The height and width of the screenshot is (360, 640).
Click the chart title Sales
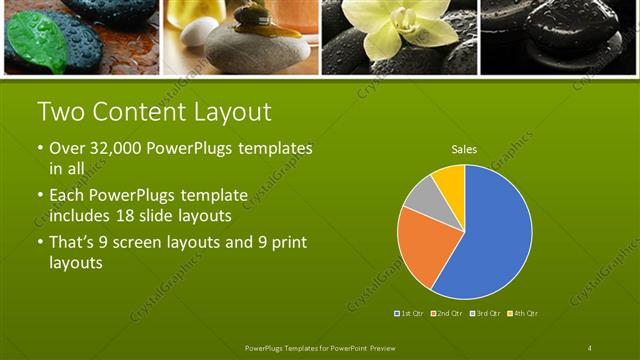point(464,149)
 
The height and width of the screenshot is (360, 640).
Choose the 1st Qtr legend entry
point(410,314)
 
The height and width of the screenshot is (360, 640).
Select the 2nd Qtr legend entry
point(446,314)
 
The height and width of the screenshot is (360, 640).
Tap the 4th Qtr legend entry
point(522,314)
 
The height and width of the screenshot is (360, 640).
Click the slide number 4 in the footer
point(590,347)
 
